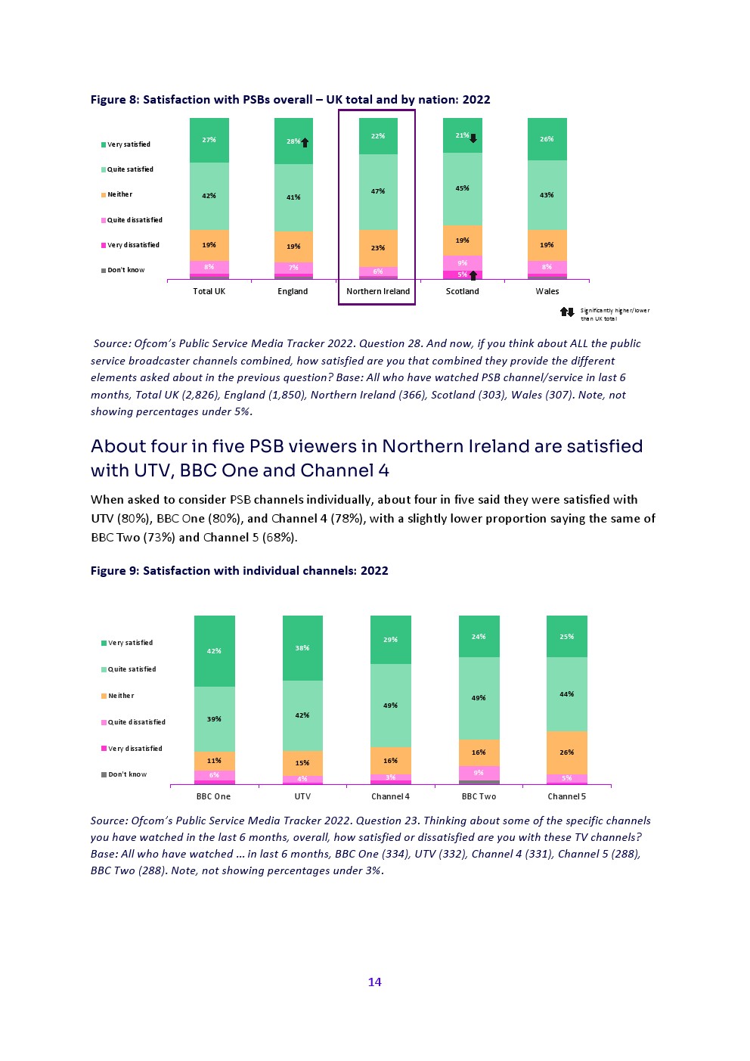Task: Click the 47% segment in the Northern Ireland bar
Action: coord(378,191)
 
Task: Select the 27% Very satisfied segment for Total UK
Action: coord(209,140)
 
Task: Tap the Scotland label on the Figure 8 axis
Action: coord(462,291)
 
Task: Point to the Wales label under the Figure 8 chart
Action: coord(547,291)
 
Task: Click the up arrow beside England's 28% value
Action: coord(305,142)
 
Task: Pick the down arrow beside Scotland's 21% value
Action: coord(473,138)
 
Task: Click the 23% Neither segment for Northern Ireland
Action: coord(378,248)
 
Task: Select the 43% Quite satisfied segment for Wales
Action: coord(547,195)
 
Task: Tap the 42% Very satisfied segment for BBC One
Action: coord(214,650)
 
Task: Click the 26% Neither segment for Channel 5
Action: coord(567,752)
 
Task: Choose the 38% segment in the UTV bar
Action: coord(302,647)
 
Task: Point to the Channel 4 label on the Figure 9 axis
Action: coord(390,796)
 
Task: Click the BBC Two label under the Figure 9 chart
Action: coord(479,796)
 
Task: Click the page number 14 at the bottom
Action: coord(374,982)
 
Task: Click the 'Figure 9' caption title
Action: coord(239,571)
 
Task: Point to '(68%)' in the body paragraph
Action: coord(277,537)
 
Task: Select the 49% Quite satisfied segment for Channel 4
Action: coord(390,706)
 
